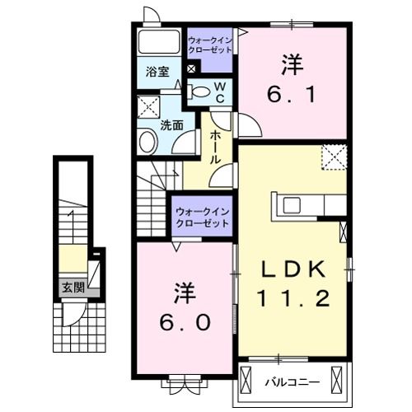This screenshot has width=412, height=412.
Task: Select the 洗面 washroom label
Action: pos(171,127)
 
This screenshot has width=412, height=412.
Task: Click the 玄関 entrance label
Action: pos(72,288)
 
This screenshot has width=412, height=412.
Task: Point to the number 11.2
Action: pos(297,297)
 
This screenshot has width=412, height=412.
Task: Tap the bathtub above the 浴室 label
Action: pos(157,44)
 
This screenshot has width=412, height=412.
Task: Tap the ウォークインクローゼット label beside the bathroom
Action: pos(210,44)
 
